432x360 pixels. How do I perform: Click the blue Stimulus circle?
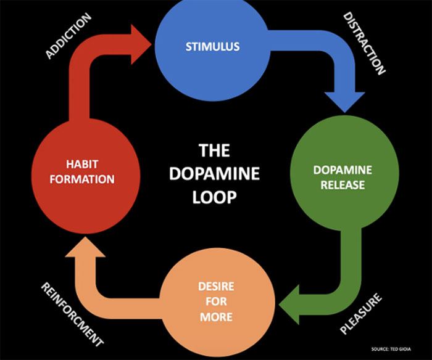(212, 46)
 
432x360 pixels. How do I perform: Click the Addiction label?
(69, 37)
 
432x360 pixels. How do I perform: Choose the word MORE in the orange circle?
(217, 317)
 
